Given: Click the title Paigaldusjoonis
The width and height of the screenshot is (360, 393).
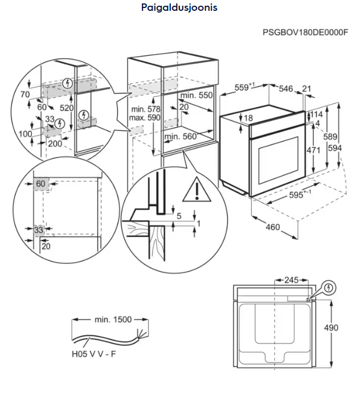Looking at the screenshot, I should [179, 8].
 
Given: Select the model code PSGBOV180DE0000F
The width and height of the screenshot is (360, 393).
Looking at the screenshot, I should [305, 32].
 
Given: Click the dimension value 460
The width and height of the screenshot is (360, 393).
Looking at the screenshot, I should [273, 227].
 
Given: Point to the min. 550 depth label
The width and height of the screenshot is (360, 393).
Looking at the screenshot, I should [197, 95].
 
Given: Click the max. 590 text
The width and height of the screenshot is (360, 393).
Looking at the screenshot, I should [146, 117].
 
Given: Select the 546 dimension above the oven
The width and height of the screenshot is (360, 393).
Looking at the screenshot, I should [286, 88].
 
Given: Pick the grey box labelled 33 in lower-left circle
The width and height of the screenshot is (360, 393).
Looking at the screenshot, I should [39, 230].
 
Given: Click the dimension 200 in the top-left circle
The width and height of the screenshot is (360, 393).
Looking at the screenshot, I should [55, 144].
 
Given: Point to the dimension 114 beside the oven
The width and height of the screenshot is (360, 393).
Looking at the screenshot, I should [317, 114].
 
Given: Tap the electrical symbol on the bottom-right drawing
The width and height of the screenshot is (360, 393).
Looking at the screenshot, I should [329, 288].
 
